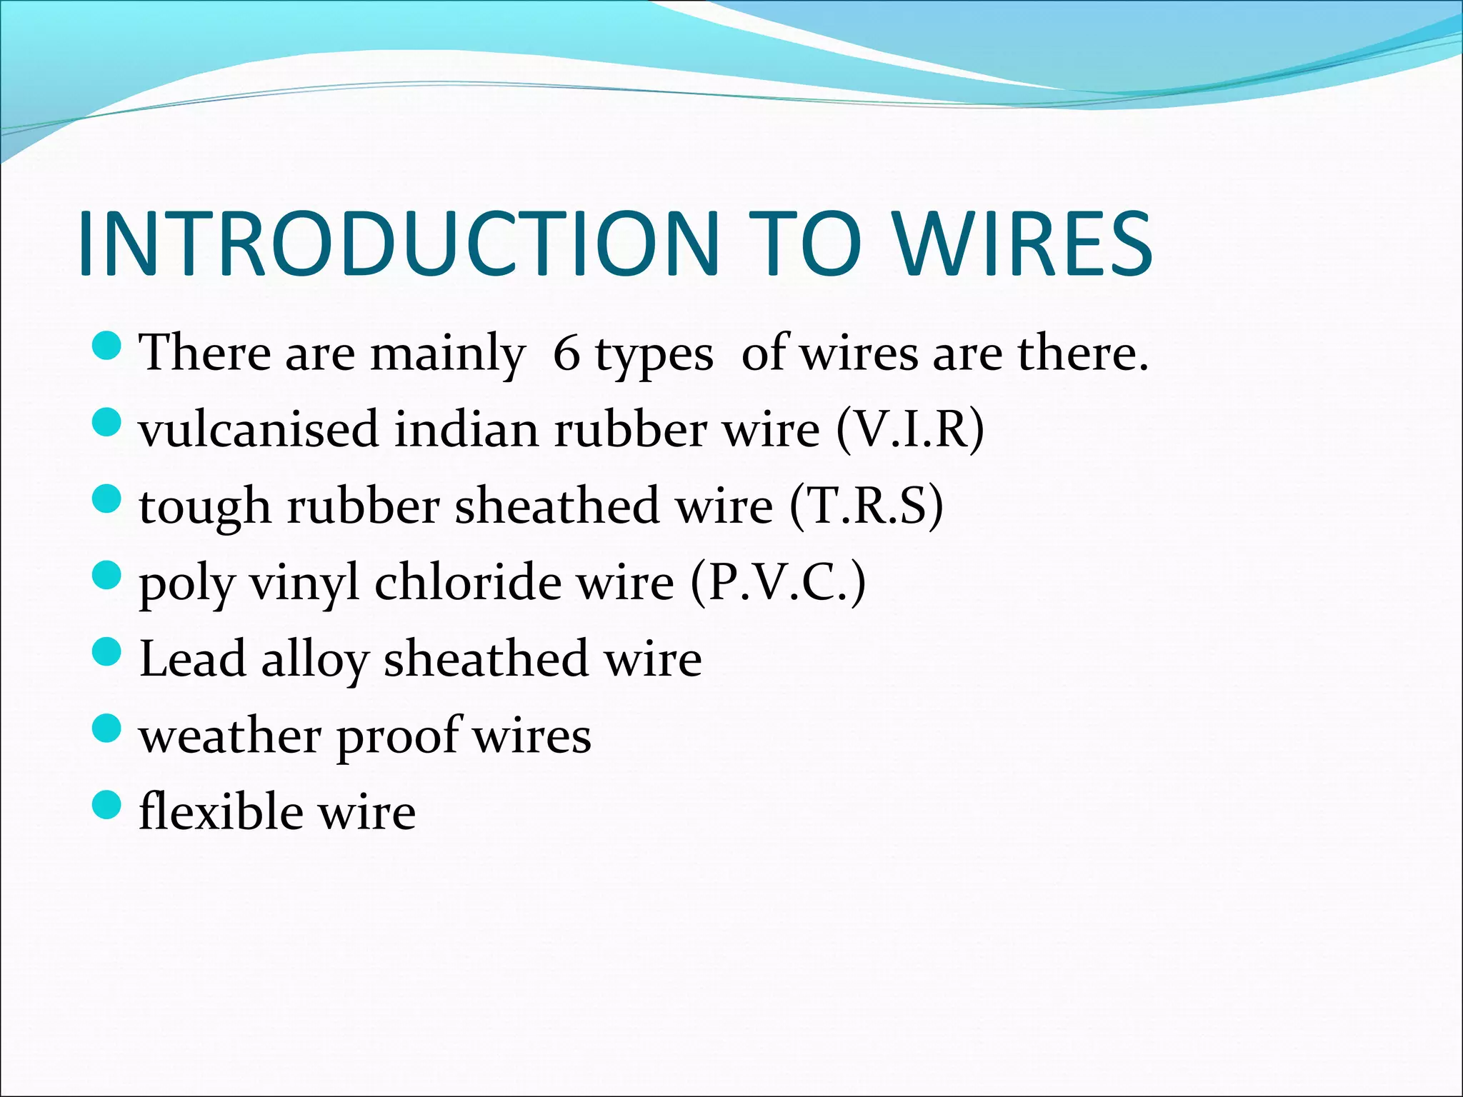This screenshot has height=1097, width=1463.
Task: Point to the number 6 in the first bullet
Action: (566, 353)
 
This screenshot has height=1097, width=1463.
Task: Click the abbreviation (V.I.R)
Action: (909, 429)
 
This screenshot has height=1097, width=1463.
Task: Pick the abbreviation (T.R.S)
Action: (867, 506)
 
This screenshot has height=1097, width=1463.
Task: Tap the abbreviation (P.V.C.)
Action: (778, 582)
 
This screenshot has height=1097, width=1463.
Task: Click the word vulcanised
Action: (258, 429)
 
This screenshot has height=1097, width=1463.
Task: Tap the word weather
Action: (230, 736)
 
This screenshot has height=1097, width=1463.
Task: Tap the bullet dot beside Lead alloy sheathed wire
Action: (106, 652)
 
